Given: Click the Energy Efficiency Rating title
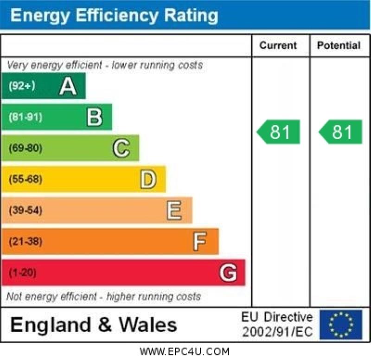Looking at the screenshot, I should point(114,15).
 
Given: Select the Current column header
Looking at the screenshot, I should point(278,45).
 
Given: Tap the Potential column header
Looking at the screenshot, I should point(339,45).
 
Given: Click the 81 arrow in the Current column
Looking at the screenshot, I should point(279,132).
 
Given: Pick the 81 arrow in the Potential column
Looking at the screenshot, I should point(341,132).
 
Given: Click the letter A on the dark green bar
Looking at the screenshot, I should point(68,86).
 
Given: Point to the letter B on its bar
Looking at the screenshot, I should point(94,117).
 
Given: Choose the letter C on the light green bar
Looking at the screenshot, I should point(121,148).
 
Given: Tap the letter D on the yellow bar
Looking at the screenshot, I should point(147,180).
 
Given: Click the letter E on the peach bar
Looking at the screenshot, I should point(174,211).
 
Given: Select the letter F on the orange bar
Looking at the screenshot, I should point(200,242).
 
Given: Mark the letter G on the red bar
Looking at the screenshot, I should point(228,273).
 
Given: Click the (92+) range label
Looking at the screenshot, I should point(22,86).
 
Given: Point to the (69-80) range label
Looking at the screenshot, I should point(25,148).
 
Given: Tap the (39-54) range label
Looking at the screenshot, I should point(25,211).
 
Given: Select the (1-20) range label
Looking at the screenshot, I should point(22,273).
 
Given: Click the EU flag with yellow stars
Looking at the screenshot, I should point(341,324).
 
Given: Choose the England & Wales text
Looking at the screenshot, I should point(93,324).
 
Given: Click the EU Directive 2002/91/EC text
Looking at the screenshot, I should point(277,324).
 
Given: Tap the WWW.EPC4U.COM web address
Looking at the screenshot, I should point(185,351).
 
